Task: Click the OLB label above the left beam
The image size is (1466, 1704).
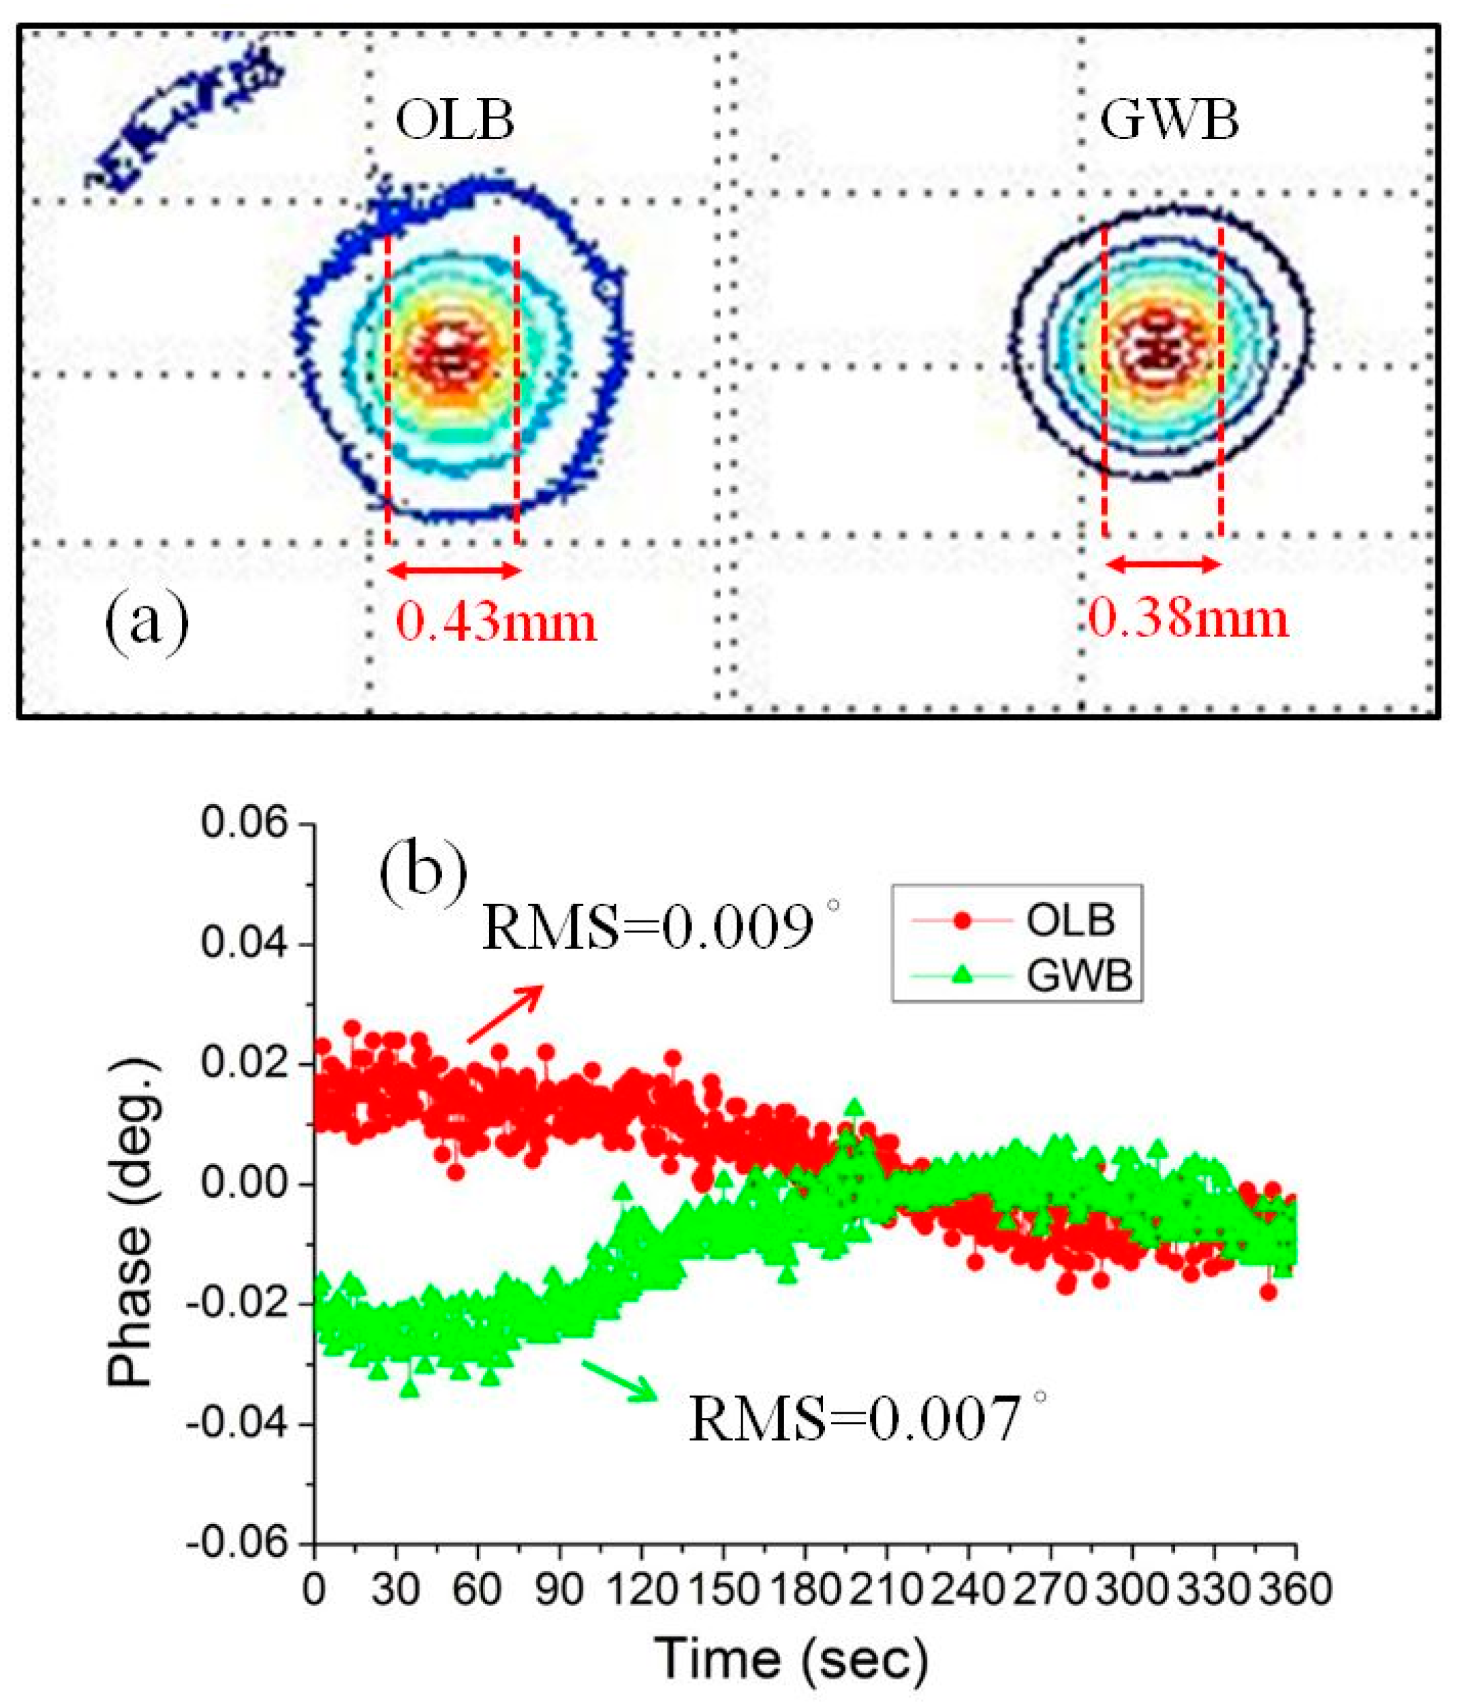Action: point(454,121)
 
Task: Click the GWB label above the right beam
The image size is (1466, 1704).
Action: point(1168,121)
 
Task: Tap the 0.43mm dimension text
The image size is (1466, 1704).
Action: point(496,622)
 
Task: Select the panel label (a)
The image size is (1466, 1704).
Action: point(146,623)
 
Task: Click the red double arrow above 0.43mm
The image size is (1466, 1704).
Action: point(453,570)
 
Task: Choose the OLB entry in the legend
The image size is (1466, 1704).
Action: point(1069,919)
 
